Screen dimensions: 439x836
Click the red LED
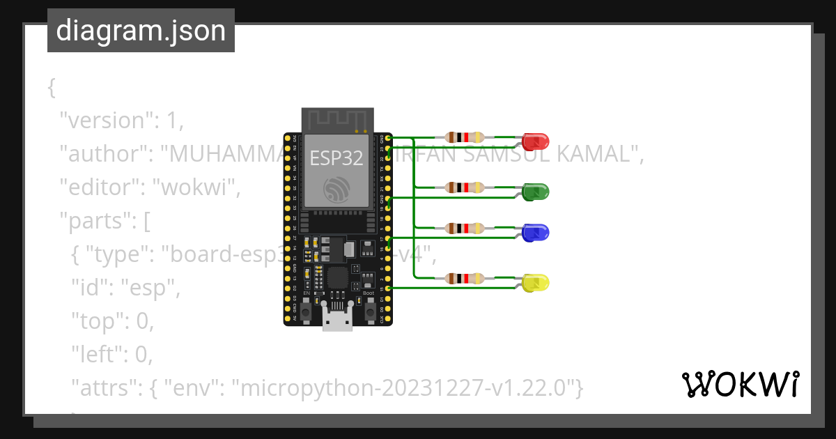[x=536, y=141]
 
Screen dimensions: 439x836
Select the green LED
[x=536, y=191]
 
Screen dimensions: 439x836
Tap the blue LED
[x=536, y=233]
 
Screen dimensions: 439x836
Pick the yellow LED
[x=536, y=283]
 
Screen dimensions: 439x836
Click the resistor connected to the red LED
[x=465, y=137]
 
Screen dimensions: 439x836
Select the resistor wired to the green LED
[x=465, y=187]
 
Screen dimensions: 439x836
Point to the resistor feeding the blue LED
[x=465, y=228]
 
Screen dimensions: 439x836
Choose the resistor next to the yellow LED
[x=465, y=278]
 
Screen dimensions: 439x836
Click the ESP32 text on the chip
[x=336, y=157]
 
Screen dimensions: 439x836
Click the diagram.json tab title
[x=141, y=31]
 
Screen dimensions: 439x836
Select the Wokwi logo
[x=740, y=384]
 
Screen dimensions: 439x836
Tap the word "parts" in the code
[x=100, y=220]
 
